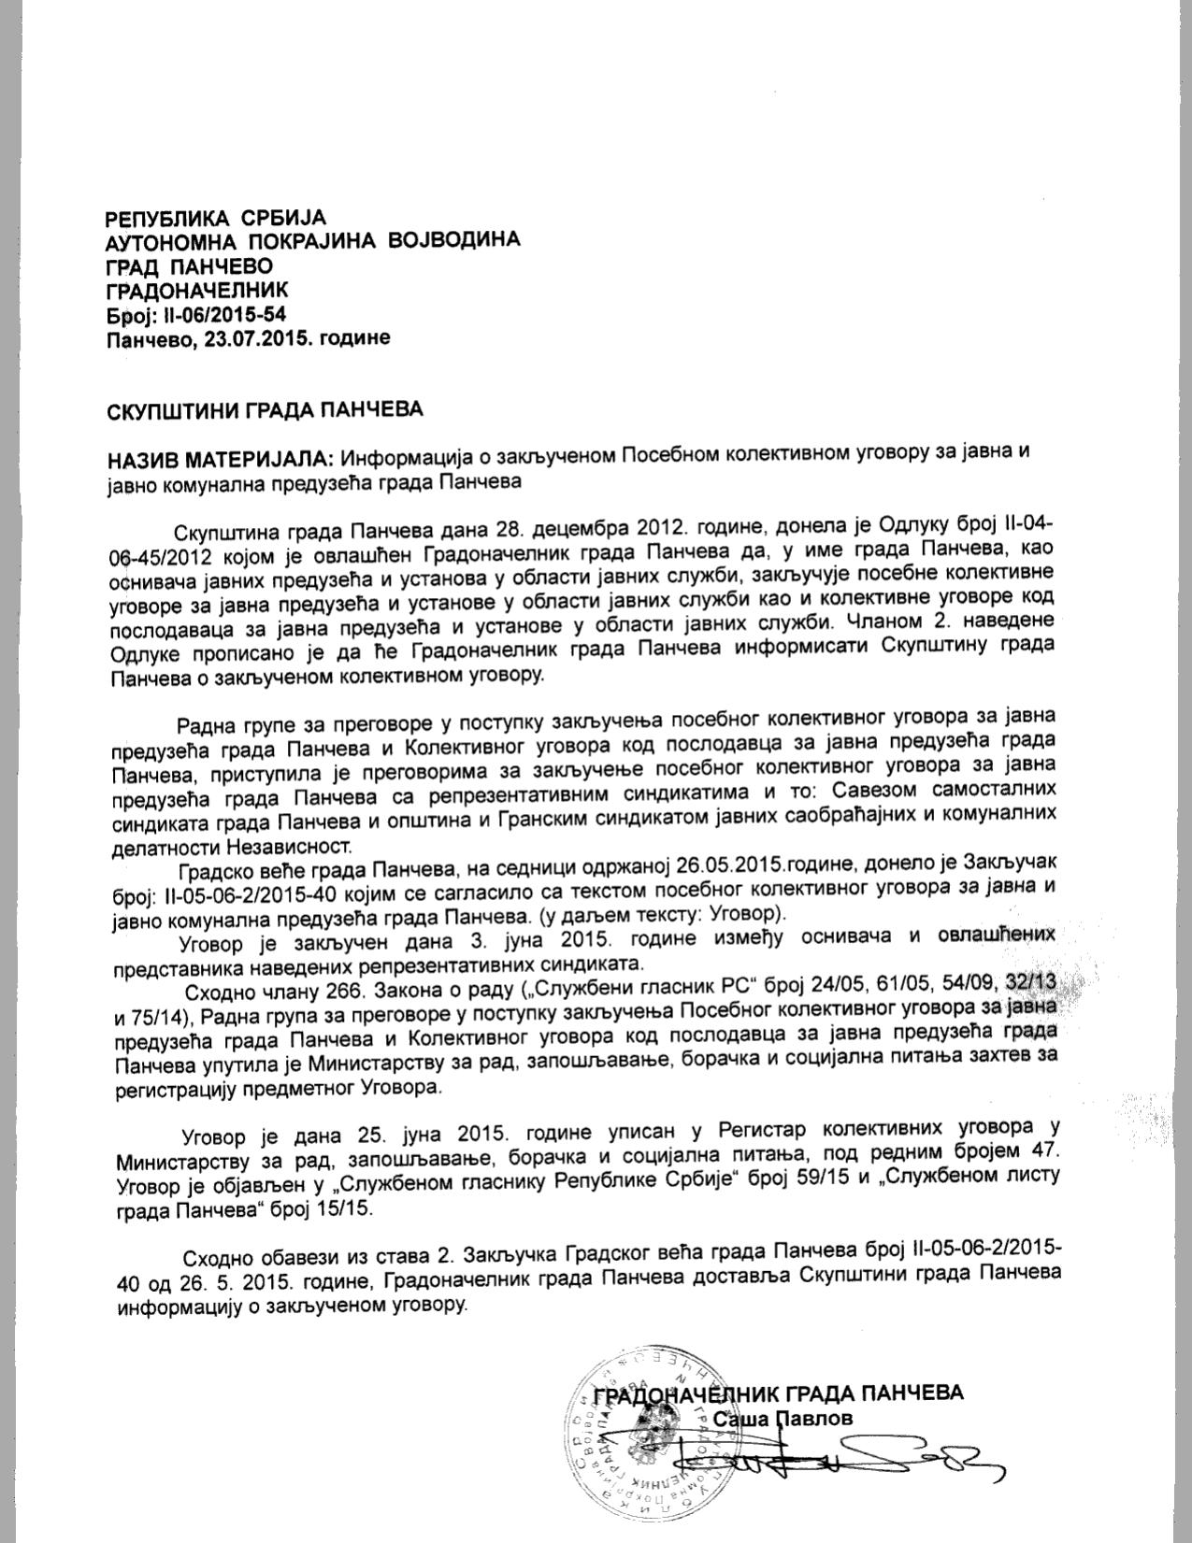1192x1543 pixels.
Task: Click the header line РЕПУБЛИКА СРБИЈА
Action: coord(215,219)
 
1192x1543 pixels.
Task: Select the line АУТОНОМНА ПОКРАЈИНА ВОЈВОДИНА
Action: coord(313,241)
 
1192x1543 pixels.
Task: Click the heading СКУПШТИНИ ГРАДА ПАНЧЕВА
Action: coord(265,409)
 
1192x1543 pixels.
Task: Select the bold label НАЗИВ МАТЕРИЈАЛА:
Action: coord(220,459)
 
